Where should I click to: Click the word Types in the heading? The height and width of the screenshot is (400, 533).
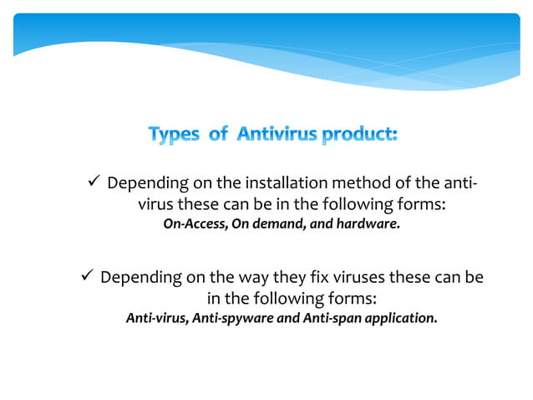click(173, 134)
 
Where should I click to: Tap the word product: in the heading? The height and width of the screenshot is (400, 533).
click(359, 134)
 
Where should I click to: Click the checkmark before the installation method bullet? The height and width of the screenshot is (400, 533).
click(94, 182)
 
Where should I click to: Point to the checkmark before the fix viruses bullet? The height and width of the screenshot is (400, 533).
click(84, 275)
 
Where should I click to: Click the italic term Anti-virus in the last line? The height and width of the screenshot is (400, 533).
click(156, 318)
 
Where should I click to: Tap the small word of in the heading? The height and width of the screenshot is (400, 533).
click(218, 134)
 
